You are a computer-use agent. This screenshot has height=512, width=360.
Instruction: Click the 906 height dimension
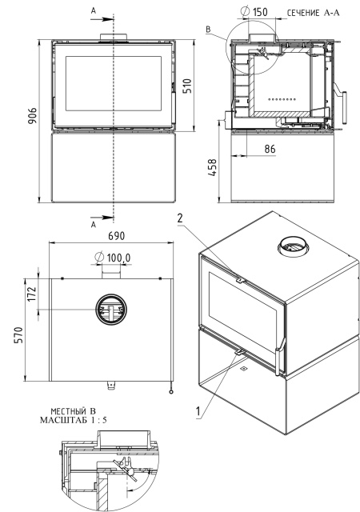point(32,116)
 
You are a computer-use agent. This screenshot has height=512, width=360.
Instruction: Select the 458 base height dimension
point(212,167)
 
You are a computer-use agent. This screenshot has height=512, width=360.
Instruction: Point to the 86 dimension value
point(270,149)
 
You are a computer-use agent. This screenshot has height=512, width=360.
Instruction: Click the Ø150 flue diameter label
point(254,12)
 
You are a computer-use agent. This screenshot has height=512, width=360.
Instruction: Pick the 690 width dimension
point(116,236)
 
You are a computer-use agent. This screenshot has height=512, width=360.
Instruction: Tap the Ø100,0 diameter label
point(113,258)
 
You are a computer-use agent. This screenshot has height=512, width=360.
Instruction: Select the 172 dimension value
point(32,294)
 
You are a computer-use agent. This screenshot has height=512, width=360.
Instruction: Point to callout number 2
point(180,218)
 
